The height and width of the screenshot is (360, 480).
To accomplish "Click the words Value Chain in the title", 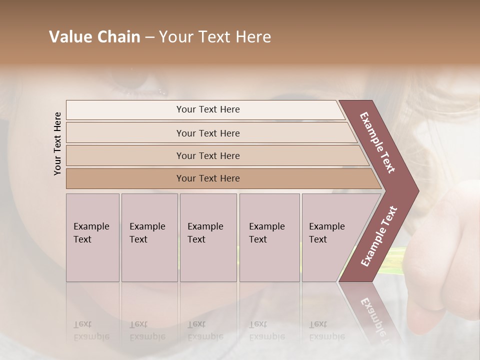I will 94,37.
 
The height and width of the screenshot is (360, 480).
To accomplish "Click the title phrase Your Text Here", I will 215,37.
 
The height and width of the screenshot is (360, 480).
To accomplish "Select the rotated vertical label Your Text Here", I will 57,143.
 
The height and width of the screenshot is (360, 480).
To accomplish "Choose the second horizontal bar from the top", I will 207,133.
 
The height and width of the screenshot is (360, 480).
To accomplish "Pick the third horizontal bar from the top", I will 207,155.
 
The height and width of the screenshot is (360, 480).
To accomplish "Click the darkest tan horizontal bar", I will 207,178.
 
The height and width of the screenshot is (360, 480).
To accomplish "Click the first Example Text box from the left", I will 92,237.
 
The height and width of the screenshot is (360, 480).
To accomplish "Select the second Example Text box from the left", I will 149,237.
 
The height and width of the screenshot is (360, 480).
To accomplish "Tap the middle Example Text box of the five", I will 208,237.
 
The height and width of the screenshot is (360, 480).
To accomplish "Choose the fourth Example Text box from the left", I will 269,237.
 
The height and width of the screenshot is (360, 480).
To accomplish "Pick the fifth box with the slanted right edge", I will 330,237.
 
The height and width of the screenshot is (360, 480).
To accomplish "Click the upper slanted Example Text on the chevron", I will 377,142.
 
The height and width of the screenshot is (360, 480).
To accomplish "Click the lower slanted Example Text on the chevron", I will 379,236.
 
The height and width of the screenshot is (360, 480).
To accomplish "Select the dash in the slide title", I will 149,37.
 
